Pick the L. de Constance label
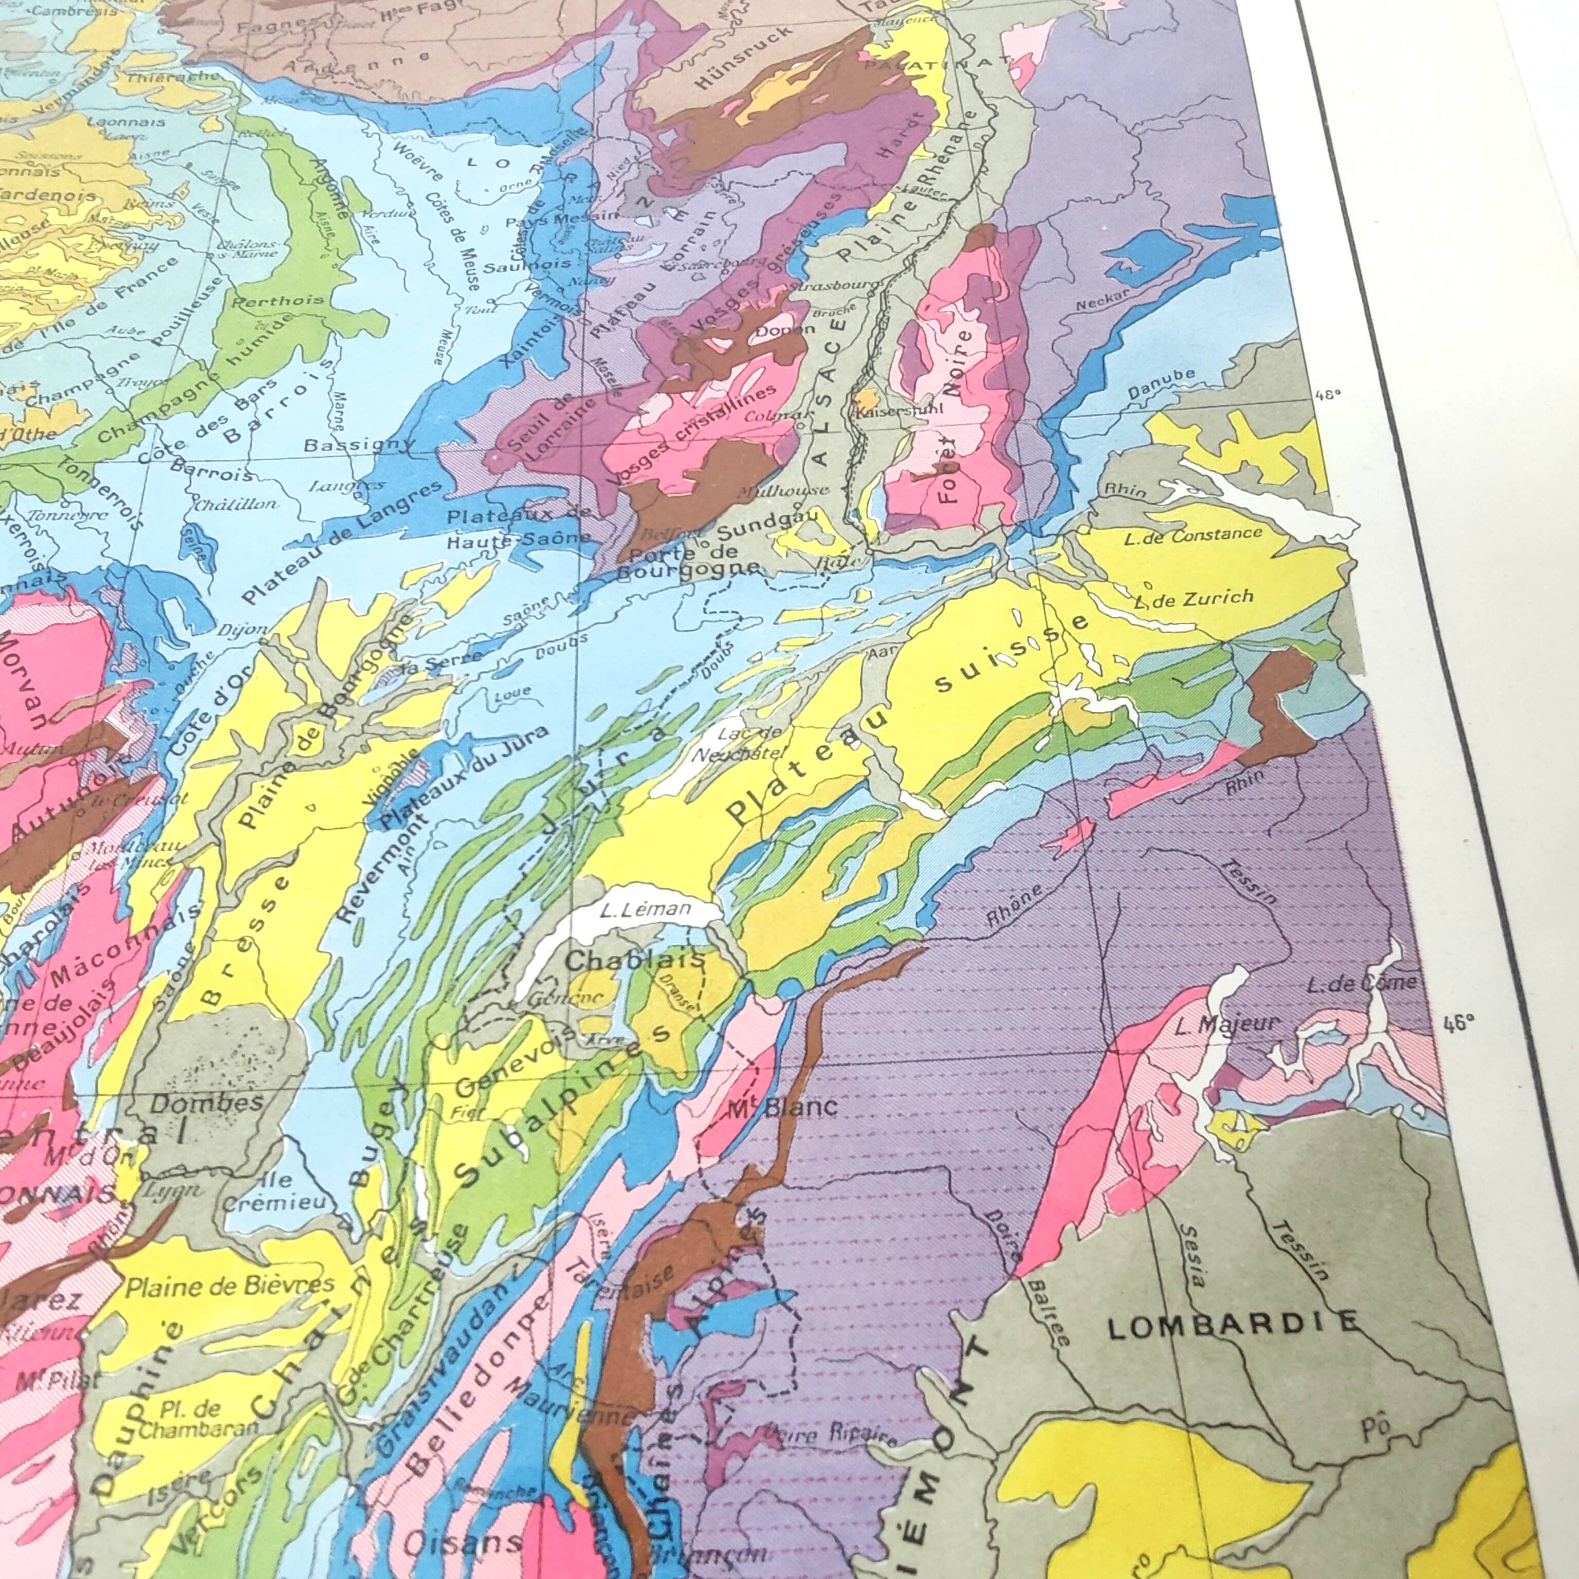pyautogui.click(x=1193, y=535)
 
